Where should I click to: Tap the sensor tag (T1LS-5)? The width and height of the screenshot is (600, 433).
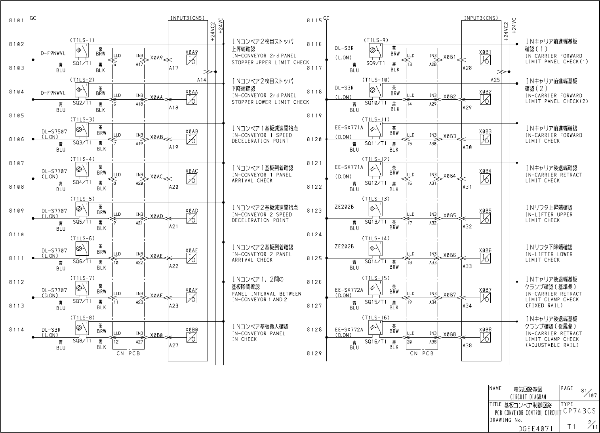tap(83, 199)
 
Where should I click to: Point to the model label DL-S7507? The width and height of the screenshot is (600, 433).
tap(54, 132)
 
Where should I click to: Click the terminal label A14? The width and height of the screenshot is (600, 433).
tap(202, 80)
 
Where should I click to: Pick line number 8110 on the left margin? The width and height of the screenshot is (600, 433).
tap(17, 235)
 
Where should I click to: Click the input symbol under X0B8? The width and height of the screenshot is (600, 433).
tap(485, 337)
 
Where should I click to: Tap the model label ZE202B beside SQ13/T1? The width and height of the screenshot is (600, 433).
tap(344, 207)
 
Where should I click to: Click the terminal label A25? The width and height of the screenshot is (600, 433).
tap(495, 80)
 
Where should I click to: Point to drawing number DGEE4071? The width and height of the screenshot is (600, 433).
tap(535, 428)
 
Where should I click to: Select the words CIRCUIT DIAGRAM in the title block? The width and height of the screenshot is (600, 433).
tap(528, 397)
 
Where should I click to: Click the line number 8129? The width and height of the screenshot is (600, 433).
tap(314, 353)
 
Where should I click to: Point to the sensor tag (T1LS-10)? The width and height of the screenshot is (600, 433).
tap(376, 80)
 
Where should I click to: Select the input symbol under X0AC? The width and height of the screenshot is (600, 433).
tap(192, 179)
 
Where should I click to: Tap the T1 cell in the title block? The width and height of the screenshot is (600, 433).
tap(571, 426)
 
